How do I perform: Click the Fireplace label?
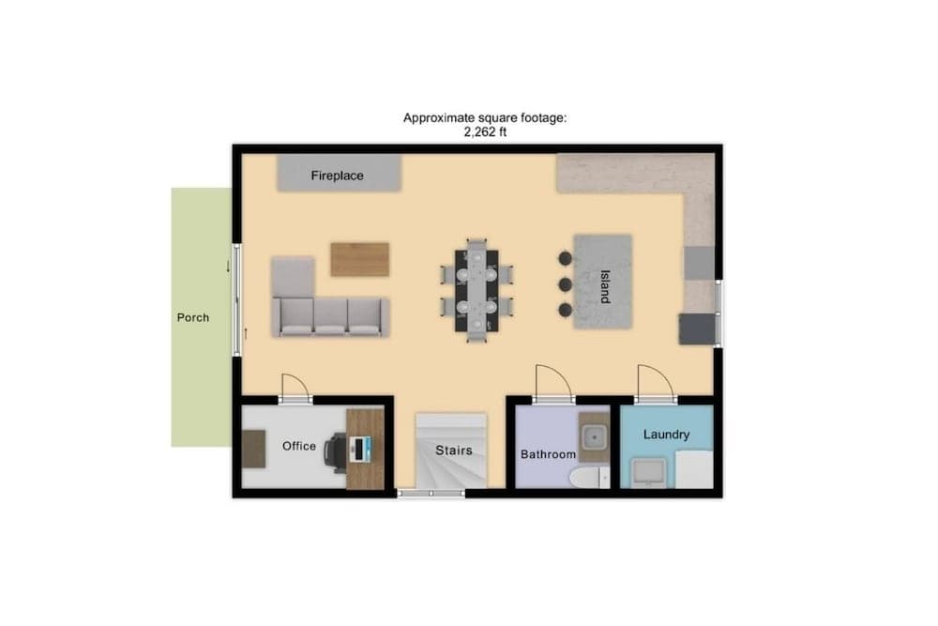337,176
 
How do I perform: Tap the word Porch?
193,317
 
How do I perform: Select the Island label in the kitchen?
604,285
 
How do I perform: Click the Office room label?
299,446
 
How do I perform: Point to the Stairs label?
453,450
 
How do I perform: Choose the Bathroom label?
548,454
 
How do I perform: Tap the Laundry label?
666,435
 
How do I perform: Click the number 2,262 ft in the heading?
485,132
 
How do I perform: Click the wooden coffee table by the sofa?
359,259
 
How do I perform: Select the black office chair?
335,450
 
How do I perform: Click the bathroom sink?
593,436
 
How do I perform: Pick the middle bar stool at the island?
564,283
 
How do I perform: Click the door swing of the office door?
293,386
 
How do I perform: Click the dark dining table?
477,288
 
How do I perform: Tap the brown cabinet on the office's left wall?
254,448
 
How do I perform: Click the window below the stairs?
431,492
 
